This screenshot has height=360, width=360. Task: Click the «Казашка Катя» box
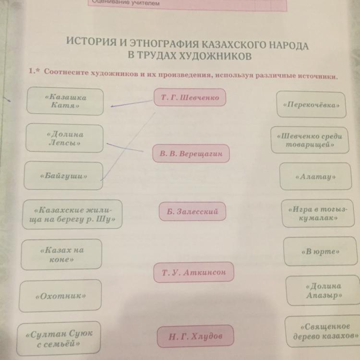coord(65,101)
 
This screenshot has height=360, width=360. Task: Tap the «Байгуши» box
coord(64,176)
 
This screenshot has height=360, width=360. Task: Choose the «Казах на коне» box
coord(62,254)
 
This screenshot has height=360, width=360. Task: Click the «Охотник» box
coord(60,296)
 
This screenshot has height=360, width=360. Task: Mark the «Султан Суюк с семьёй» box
coord(59,337)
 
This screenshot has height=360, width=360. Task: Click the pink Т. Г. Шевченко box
coord(190,98)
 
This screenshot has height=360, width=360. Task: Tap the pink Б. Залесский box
coord(192,211)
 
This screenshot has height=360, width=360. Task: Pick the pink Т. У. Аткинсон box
coord(194,273)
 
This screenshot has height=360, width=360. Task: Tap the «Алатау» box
coord(315,177)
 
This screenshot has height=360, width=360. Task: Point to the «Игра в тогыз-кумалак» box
coord(318,214)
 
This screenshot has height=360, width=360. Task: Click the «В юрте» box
coord(319,251)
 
